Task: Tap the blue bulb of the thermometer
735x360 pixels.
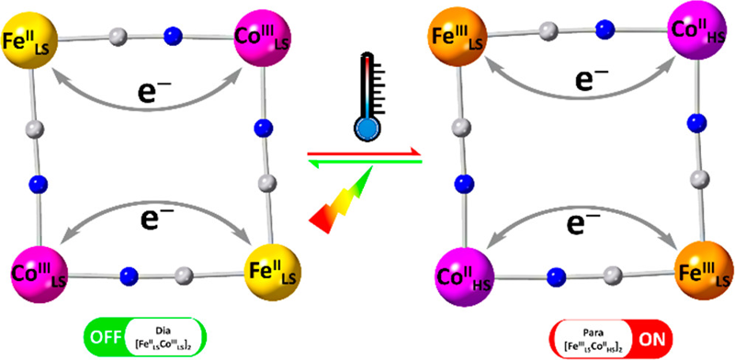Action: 366,128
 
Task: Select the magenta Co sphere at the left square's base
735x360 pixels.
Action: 33,271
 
